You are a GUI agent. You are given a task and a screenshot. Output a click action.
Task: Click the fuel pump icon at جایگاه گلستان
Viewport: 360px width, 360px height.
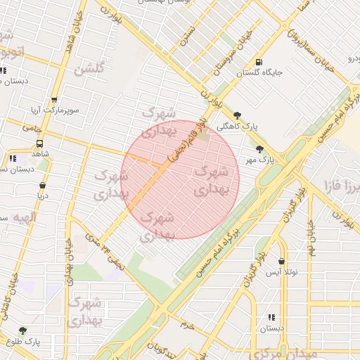click(x=260, y=62)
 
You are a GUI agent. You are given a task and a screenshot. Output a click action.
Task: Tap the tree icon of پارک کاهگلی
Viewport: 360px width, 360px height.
click(x=238, y=116)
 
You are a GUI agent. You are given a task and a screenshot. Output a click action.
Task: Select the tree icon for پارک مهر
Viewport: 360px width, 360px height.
click(x=260, y=149)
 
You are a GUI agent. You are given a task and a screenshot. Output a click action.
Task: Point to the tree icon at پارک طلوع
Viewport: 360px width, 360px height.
click(x=23, y=330)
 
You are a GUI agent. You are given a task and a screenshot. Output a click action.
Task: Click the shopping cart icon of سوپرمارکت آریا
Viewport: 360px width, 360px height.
click(x=54, y=100)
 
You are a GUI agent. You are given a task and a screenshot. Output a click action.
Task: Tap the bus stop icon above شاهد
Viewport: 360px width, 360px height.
click(x=39, y=143)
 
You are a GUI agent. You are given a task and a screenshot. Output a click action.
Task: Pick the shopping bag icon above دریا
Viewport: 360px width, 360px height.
click(x=42, y=186)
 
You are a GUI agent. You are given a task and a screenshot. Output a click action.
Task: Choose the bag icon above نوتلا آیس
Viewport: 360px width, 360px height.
click(x=282, y=261)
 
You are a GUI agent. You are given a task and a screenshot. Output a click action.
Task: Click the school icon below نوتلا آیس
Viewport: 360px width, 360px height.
click(x=271, y=317)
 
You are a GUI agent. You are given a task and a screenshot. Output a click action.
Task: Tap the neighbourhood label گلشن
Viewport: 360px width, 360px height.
click(x=89, y=69)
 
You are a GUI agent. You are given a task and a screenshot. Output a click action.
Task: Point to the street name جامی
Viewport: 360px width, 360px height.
click(x=32, y=129)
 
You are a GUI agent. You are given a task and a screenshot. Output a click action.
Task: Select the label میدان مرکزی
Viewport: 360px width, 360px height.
click(x=282, y=352)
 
